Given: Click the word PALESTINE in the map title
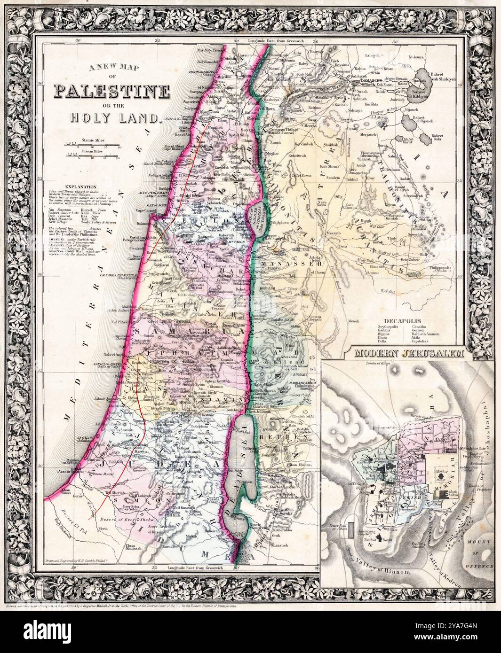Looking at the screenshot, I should click(x=111, y=91).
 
